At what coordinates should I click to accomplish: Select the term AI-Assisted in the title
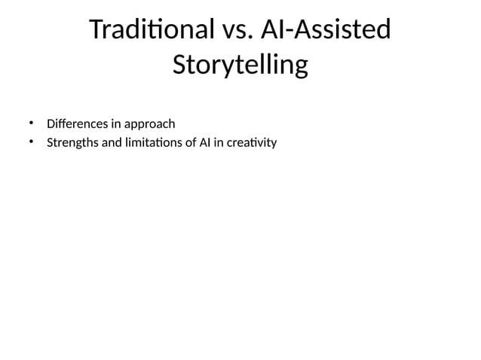(325, 31)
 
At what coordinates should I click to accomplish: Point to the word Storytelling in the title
(240, 66)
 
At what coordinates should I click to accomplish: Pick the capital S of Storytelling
(180, 66)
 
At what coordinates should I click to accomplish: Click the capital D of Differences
(51, 124)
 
